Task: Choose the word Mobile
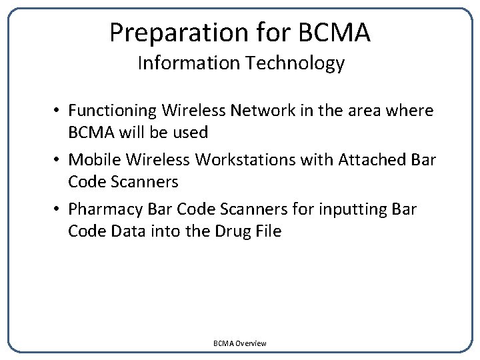tap(93, 159)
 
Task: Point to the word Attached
tap(371, 159)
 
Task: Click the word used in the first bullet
tap(190, 132)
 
